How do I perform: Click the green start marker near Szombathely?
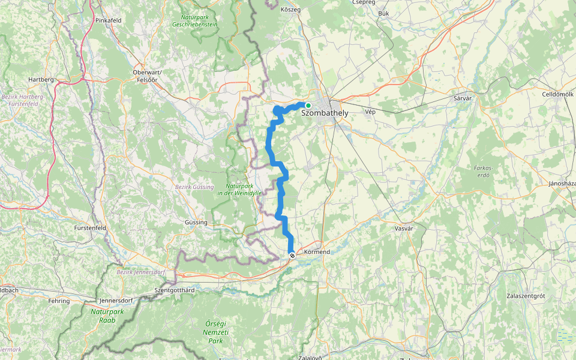(308, 106)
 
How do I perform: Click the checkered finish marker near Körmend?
(292, 256)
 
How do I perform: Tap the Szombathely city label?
(325, 112)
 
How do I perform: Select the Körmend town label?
(317, 252)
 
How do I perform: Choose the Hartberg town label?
(41, 79)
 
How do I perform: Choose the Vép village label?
(370, 112)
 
